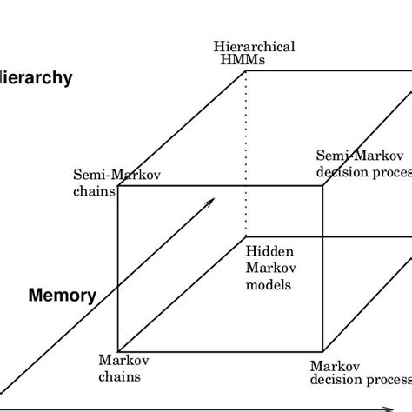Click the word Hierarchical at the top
click(259, 46)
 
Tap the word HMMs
click(241, 59)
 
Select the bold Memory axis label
click(63, 296)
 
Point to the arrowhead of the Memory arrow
click(211, 201)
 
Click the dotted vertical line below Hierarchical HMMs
click(246, 148)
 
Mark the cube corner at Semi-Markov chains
click(117, 185)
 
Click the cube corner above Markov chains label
click(117, 352)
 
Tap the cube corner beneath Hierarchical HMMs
click(246, 73)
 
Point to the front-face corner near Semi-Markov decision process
click(322, 185)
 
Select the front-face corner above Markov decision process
click(322, 352)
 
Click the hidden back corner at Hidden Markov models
click(246, 236)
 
